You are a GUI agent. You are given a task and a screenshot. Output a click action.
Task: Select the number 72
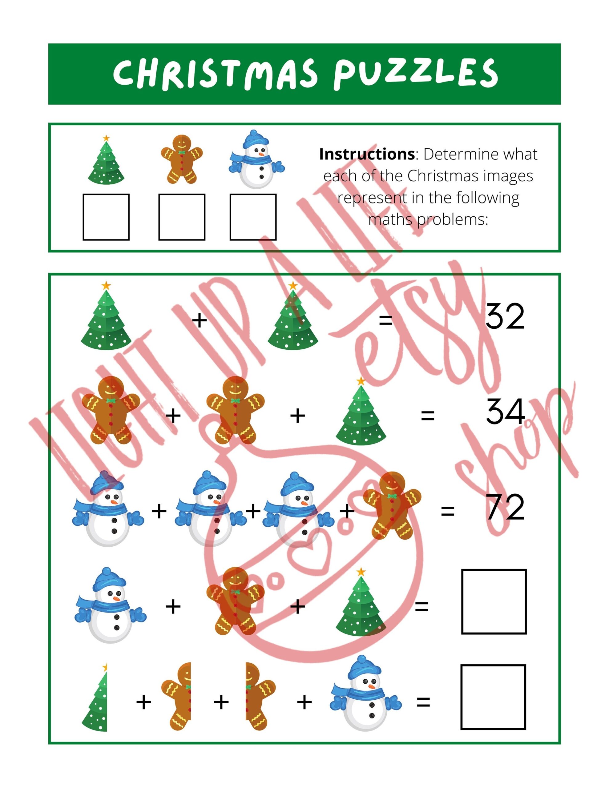point(505,507)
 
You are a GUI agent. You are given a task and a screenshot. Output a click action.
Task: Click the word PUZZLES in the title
point(416,74)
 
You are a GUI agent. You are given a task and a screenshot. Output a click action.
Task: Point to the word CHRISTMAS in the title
point(216,74)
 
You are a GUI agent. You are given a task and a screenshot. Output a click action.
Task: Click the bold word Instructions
point(367,155)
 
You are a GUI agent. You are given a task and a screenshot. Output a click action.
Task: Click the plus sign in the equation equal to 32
point(199,320)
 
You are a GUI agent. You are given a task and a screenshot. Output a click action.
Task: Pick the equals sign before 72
point(448,511)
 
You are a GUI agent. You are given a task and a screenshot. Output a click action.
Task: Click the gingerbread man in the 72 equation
point(392,505)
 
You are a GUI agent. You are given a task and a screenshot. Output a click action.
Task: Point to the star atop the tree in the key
point(106,138)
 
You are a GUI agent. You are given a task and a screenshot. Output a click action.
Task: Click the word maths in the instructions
point(390,219)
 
